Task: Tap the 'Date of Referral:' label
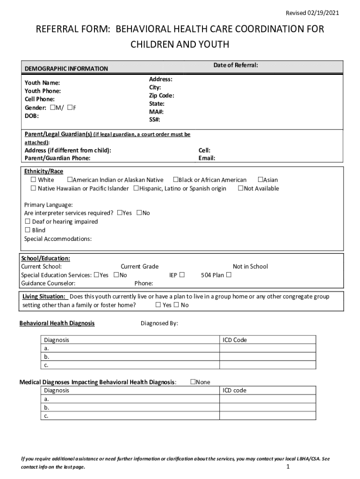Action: (236, 65)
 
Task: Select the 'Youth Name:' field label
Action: (42, 83)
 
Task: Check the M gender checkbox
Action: (52, 108)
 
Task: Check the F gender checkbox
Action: (70, 108)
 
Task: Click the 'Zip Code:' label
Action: (162, 95)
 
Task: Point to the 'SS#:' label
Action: (155, 120)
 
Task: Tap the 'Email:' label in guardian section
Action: (207, 158)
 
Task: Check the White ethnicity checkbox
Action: (33, 180)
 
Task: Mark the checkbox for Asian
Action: (260, 180)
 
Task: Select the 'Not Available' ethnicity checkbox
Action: (241, 189)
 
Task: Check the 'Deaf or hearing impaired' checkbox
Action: (28, 222)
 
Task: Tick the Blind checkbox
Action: (28, 230)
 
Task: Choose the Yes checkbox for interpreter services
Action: (120, 213)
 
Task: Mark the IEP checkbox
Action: (182, 275)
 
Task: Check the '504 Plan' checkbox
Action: (229, 275)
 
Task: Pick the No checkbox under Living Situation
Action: (176, 305)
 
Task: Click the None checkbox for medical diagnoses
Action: (193, 382)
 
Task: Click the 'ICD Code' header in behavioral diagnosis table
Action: (235, 340)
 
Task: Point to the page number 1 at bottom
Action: (288, 467)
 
